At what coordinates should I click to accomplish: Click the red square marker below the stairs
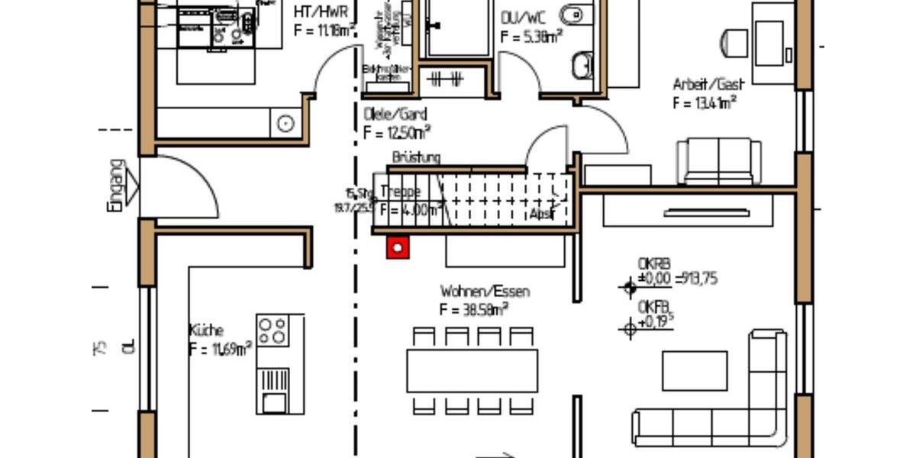[x=397, y=247]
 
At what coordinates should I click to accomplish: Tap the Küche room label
[x=206, y=331]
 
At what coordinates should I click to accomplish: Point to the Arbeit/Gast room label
[x=708, y=85]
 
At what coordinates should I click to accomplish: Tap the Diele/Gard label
[x=395, y=114]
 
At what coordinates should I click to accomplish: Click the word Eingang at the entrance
[x=114, y=185]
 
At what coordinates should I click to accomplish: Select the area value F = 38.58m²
[x=473, y=310]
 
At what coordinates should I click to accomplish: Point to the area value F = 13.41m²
[x=705, y=103]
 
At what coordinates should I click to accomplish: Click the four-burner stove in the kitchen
[x=273, y=331]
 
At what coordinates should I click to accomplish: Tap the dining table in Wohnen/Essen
[x=473, y=371]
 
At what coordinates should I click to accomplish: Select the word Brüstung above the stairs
[x=415, y=158]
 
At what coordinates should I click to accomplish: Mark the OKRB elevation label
[x=649, y=264]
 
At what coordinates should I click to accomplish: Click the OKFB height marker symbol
[x=629, y=329]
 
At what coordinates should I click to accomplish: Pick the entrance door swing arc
[x=187, y=183]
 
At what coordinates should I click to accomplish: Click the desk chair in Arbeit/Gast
[x=734, y=42]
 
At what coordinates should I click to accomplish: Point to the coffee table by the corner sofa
[x=694, y=371]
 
